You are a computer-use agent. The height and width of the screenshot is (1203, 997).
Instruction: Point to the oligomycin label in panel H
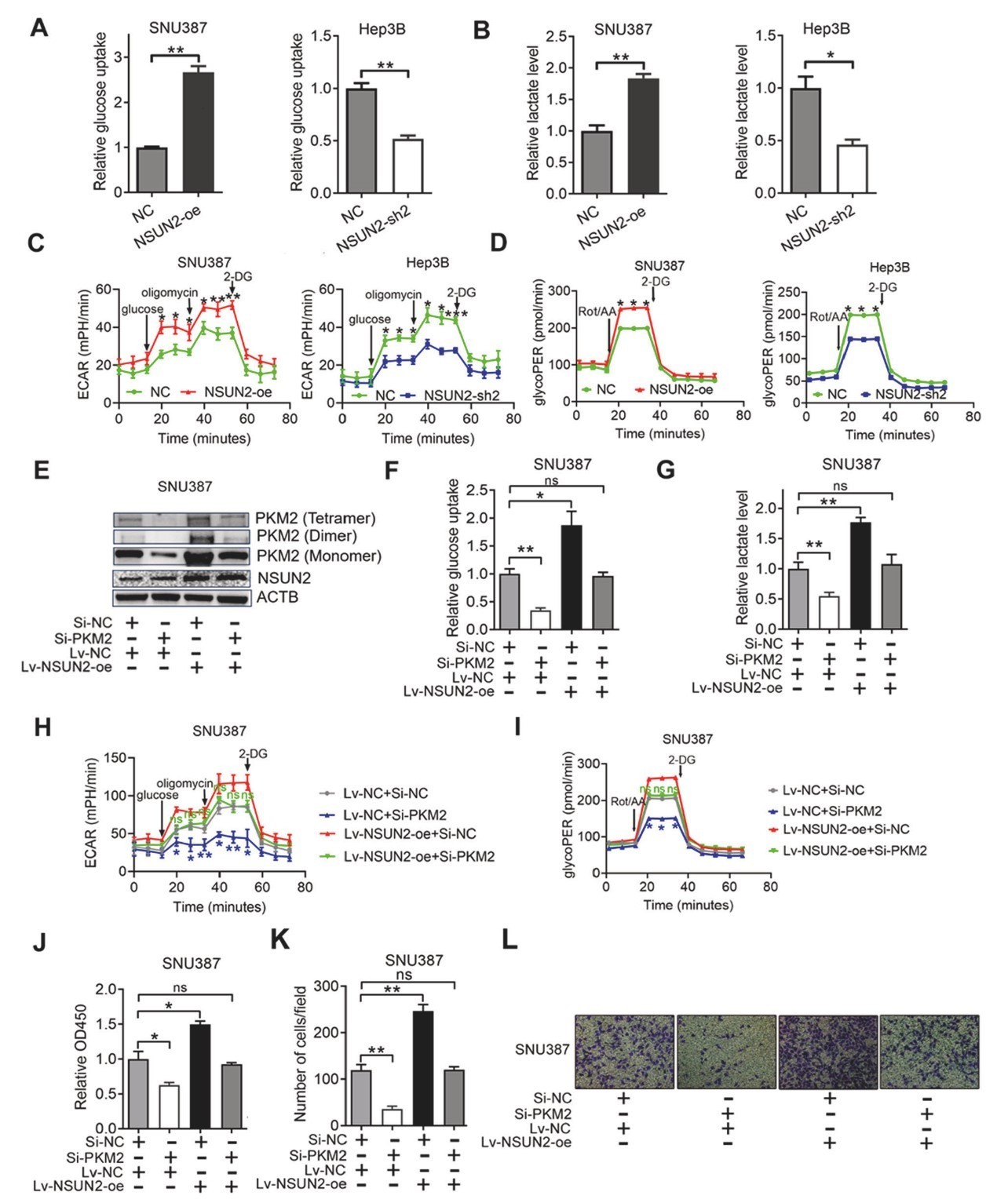pyautogui.click(x=184, y=783)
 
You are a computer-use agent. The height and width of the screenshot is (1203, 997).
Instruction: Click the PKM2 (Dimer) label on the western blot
pyautogui.click(x=306, y=536)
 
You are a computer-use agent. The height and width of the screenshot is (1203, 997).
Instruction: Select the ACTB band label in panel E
pyautogui.click(x=277, y=597)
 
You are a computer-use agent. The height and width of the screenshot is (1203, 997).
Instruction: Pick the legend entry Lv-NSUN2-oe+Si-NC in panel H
pyautogui.click(x=410, y=833)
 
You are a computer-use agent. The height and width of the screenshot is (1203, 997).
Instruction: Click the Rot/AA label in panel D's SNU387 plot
pyautogui.click(x=597, y=312)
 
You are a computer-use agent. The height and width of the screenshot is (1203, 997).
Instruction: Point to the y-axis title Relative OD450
pyautogui.click(x=80, y=1059)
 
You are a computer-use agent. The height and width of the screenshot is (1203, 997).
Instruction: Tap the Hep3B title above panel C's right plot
pyautogui.click(x=427, y=263)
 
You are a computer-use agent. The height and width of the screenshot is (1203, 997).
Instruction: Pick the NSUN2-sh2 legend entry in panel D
pyautogui.click(x=910, y=394)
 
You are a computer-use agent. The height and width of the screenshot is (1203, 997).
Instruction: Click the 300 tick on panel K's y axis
pyautogui.click(x=340, y=986)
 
